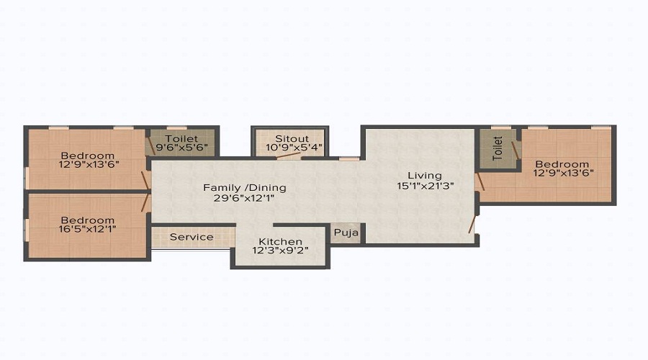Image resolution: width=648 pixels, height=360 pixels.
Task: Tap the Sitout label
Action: point(292,138)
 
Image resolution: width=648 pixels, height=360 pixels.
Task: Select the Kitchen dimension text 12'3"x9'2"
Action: point(280,251)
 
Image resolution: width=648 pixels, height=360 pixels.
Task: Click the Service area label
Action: point(192,236)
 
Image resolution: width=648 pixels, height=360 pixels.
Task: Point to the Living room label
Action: point(424,175)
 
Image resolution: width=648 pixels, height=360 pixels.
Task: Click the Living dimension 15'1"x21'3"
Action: point(424,185)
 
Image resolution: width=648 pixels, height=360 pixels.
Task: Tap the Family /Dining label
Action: point(244,187)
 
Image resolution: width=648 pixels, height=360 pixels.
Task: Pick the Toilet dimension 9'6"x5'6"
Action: point(182,148)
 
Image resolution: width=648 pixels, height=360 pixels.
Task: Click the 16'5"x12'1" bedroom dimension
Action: point(87,230)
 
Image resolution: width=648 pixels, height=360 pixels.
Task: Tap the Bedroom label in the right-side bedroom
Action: point(562,163)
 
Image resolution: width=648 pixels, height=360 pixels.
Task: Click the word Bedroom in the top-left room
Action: point(87,156)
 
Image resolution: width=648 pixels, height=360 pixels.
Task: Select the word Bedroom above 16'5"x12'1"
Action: point(87,220)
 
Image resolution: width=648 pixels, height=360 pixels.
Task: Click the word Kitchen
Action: point(280,241)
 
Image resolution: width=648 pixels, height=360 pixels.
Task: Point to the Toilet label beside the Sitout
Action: point(182,138)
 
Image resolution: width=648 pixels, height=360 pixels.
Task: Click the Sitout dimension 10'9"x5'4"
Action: point(292,148)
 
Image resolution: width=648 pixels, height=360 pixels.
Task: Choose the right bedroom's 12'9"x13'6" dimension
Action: point(562,173)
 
